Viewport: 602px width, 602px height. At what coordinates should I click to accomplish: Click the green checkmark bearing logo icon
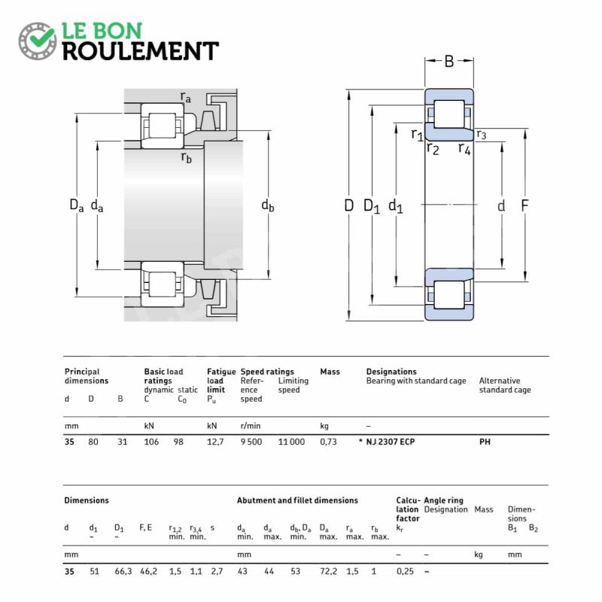[37, 41]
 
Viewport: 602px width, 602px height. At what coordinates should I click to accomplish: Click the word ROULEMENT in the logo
[140, 51]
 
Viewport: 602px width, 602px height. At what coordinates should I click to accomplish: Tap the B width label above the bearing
[449, 61]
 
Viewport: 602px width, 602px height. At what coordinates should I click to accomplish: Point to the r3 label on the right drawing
[482, 135]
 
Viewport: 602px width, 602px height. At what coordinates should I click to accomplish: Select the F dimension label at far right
[525, 205]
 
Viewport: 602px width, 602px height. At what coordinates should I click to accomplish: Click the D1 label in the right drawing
[372, 205]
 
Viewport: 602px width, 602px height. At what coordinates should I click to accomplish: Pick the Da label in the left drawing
[76, 205]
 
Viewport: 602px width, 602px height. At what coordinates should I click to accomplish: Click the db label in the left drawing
[268, 205]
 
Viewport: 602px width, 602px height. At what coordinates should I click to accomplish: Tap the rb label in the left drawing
[186, 157]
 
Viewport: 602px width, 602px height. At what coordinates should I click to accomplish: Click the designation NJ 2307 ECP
[390, 442]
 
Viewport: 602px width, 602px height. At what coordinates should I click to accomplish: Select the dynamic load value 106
[151, 442]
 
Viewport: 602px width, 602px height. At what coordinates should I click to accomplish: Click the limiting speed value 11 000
[292, 442]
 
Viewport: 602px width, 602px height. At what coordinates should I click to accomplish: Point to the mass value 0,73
[328, 442]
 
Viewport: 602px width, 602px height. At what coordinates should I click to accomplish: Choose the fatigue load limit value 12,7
[215, 442]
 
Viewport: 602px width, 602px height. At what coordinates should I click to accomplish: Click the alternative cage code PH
[485, 442]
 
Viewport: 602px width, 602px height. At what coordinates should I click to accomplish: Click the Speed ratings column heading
[267, 372]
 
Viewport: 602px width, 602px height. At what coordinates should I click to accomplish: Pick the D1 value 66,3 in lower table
[123, 570]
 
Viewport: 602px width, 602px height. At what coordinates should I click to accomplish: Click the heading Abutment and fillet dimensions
[297, 500]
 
